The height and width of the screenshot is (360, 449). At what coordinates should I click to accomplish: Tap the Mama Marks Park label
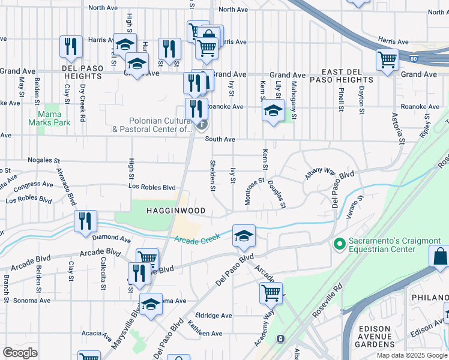[53, 118]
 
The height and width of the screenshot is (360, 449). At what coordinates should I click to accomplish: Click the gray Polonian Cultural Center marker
[202, 125]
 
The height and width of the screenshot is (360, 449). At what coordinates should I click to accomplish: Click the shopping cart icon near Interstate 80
[387, 59]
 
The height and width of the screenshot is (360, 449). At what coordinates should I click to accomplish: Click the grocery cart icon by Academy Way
[271, 293]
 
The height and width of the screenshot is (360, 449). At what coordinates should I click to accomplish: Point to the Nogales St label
[44, 161]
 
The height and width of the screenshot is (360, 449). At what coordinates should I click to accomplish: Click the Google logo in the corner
[20, 352]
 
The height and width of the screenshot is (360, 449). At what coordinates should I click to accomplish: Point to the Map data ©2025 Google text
[412, 355]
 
